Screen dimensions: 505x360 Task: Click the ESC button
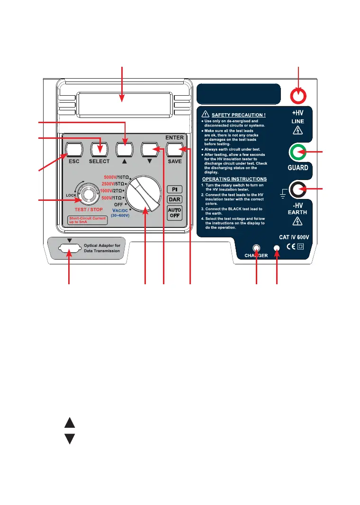coord(73,150)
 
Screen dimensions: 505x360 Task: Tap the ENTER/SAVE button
coord(176,150)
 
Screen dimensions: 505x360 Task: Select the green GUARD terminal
coord(298,153)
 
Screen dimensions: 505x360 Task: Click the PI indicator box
coord(175,189)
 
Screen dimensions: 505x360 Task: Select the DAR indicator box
coord(175,200)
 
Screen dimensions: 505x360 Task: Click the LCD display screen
coord(123,101)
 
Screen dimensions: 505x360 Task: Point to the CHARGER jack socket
coord(256,248)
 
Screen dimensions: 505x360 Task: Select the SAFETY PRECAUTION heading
coord(235,114)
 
